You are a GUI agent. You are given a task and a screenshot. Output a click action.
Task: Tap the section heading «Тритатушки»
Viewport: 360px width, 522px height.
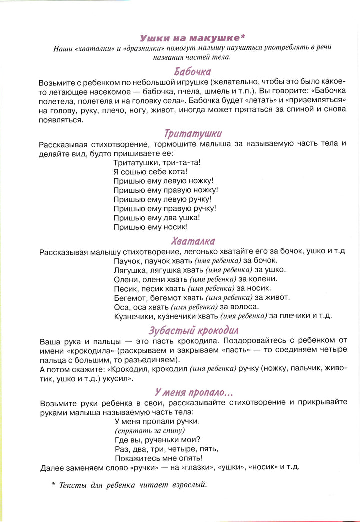[x=193, y=133]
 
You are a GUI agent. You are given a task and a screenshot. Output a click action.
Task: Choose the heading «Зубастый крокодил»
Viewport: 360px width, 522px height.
[x=194, y=330]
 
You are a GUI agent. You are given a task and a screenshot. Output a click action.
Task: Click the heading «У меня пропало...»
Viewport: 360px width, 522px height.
[x=193, y=392]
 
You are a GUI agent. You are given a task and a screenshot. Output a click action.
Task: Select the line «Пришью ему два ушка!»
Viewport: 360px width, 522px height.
[x=156, y=218]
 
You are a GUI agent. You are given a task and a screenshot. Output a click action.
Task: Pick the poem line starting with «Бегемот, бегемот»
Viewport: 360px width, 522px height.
[x=201, y=297]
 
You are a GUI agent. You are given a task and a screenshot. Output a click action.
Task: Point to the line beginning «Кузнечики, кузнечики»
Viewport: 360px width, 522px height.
[x=223, y=316]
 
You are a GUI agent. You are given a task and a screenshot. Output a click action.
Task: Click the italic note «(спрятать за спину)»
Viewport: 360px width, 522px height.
[x=150, y=431]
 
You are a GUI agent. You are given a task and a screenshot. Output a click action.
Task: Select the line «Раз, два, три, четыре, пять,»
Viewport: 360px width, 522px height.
[x=166, y=449]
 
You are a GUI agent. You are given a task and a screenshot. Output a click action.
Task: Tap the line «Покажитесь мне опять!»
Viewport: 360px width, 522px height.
[x=158, y=458]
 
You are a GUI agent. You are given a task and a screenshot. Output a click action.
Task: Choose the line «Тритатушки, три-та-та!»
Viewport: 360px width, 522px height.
[x=157, y=163]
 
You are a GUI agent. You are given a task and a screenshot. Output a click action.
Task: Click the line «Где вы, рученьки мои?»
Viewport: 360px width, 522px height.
[x=157, y=440]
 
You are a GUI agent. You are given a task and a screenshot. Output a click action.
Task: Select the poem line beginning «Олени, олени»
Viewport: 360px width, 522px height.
[x=195, y=279]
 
